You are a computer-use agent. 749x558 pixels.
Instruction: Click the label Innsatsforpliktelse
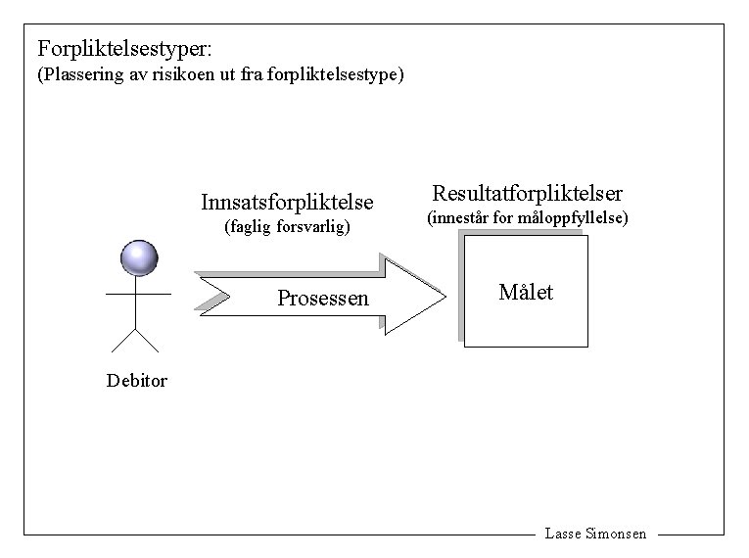pyautogui.click(x=287, y=203)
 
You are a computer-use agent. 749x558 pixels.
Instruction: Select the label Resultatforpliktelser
pyautogui.click(x=527, y=193)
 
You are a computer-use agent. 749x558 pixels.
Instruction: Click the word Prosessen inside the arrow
pyautogui.click(x=323, y=299)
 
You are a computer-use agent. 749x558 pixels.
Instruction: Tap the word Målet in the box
pyautogui.click(x=526, y=292)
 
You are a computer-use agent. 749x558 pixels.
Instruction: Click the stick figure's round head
pyautogui.click(x=138, y=257)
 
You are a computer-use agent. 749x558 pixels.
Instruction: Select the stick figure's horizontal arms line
pyautogui.click(x=138, y=293)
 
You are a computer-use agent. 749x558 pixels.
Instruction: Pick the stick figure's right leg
pyautogui.click(x=149, y=340)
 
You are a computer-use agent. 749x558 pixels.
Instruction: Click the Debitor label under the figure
pyautogui.click(x=137, y=381)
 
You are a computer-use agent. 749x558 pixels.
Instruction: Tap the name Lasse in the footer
pyautogui.click(x=564, y=535)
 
